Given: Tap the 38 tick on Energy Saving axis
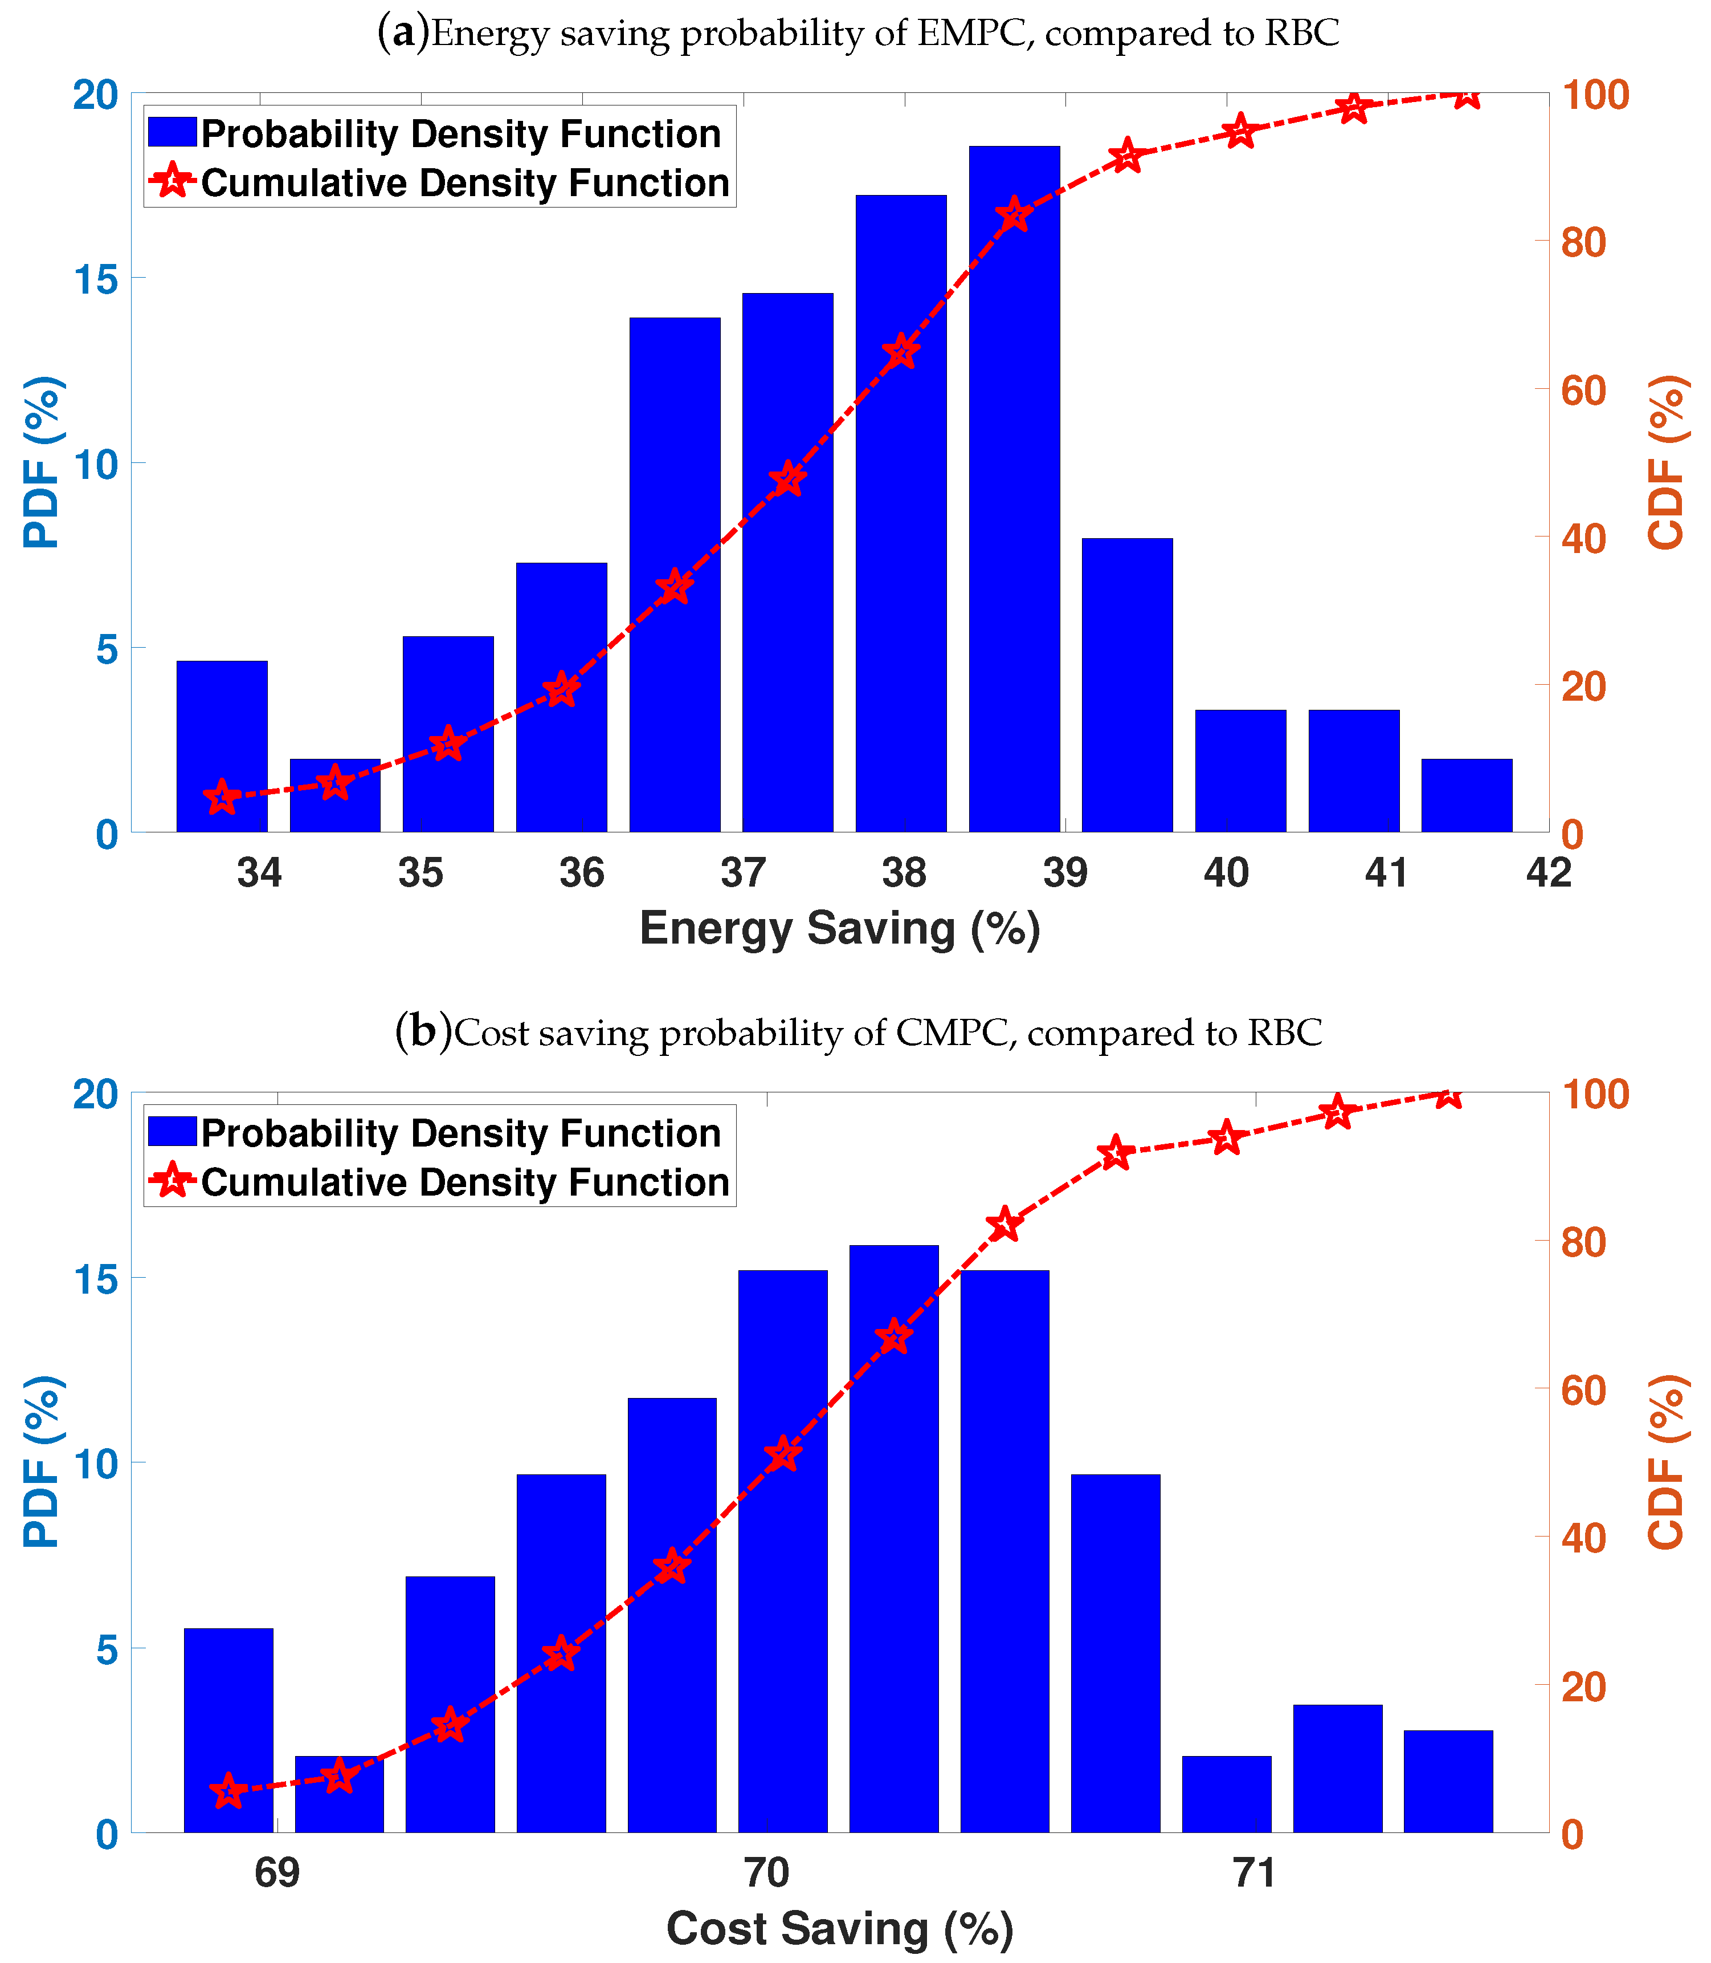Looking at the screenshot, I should (x=903, y=872).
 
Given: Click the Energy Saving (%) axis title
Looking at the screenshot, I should (x=839, y=929).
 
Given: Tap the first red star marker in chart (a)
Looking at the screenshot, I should (x=222, y=796).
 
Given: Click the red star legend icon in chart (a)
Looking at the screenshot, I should (x=173, y=181).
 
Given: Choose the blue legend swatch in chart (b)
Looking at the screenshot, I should (x=172, y=1132).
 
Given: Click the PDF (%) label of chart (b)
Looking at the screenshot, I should (x=42, y=1461).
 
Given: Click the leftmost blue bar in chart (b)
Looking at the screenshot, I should (x=228, y=1729).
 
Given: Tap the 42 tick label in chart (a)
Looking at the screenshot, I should (x=1547, y=872).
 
